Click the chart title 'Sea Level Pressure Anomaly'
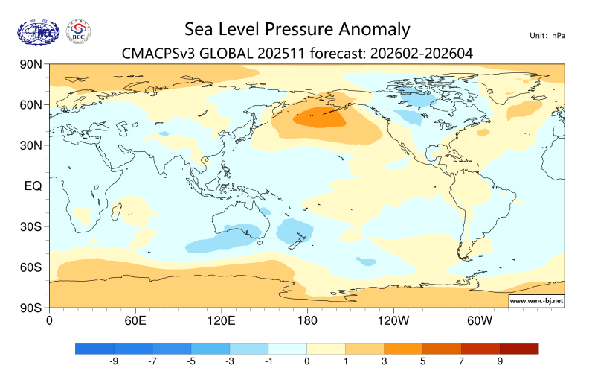tap(297, 29)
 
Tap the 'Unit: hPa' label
tap(548, 35)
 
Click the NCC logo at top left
tap(36, 31)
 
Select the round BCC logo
tap(79, 31)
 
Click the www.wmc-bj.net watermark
tap(535, 301)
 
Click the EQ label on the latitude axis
tap(33, 186)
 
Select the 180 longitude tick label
tap(306, 320)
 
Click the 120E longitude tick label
tap(221, 320)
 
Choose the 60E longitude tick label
tap(134, 320)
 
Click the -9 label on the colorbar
tap(114, 361)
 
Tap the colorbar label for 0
tap(306, 361)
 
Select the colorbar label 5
tap(422, 361)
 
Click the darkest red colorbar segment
tap(518, 348)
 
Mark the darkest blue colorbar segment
tap(94, 348)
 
